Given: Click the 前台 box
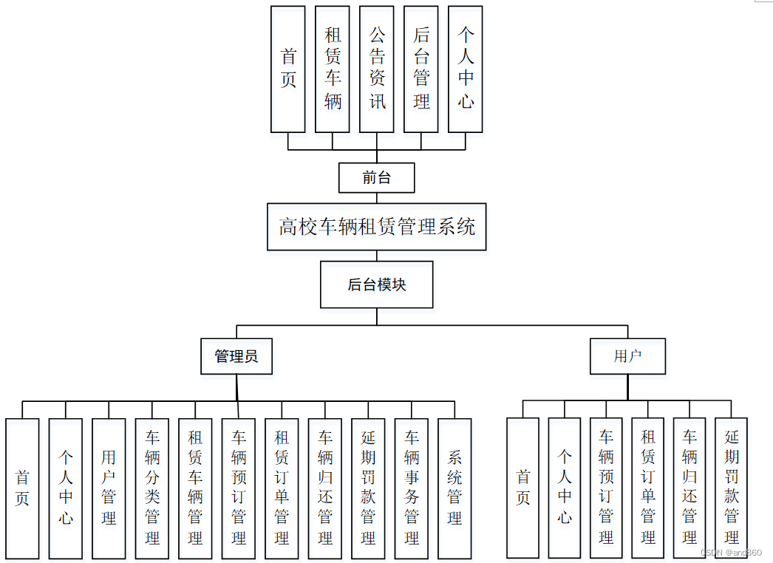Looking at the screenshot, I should coord(376,177).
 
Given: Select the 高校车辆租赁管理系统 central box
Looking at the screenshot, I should coord(376,227).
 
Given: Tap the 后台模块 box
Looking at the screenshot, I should coord(376,284).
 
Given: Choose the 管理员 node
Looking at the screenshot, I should coord(236,357).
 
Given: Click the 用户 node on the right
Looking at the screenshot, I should coord(627,357).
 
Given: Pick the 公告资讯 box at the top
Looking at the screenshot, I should coord(377,69).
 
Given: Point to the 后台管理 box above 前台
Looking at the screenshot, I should coord(421,69).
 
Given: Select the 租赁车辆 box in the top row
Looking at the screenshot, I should coord(333,69).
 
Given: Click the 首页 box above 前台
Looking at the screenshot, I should coord(288,69).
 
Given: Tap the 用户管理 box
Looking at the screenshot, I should coord(109,488).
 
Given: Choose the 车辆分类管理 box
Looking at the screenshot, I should coord(152,488).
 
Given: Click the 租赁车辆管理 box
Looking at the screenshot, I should coord(195,488).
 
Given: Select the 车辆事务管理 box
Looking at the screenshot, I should coord(412,488).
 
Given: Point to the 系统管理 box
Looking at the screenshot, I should coord(454,488).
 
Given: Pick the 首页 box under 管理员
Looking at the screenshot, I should coord(22,488).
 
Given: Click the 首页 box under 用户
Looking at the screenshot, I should coord(522,488).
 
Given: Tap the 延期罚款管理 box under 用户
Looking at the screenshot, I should coord(731,488).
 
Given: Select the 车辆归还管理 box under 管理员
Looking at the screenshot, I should coord(325,488).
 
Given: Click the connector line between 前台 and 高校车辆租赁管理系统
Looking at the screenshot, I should coord(377,198).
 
